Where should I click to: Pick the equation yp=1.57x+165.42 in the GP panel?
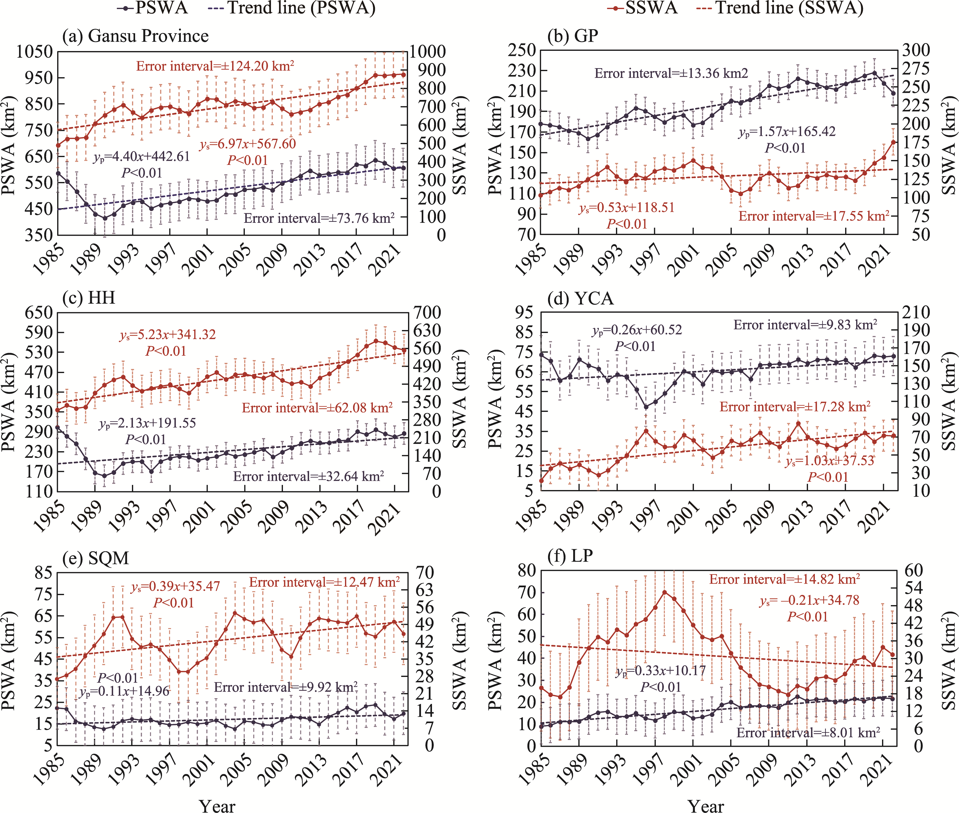pyautogui.click(x=787, y=132)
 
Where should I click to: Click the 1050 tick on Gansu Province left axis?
pyautogui.click(x=34, y=52)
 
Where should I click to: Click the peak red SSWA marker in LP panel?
pyautogui.click(x=664, y=592)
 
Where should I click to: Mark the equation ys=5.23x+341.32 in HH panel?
pyautogui.click(x=168, y=335)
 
